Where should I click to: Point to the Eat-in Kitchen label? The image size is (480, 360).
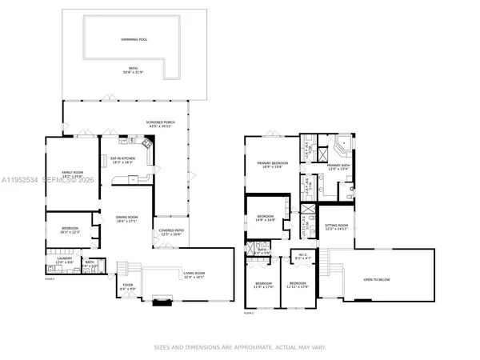pos(122,160)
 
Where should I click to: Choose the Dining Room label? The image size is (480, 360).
pos(127,218)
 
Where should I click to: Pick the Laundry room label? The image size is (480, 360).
pos(64,260)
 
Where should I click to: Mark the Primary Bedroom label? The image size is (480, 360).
pos(272,165)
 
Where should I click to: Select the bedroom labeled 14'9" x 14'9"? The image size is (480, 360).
pos(265,218)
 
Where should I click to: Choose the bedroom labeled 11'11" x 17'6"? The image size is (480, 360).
pos(298,285)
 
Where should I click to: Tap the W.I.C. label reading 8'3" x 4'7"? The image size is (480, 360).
pos(302,258)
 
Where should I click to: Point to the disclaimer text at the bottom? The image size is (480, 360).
pos(239,347)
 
